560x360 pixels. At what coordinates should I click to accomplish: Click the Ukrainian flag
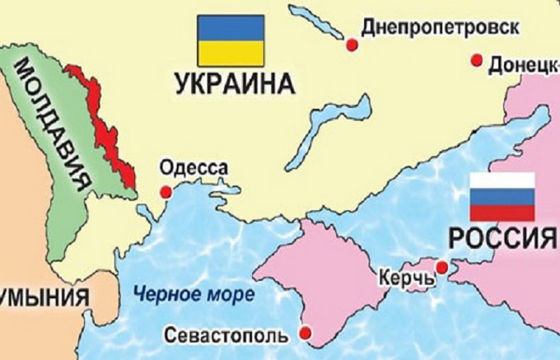[230, 40]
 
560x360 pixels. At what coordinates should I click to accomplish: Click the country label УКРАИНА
[234, 84]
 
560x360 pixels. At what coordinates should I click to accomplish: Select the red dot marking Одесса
[166, 192]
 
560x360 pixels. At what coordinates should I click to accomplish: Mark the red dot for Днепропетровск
[352, 45]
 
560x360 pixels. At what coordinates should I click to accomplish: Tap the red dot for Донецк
[476, 59]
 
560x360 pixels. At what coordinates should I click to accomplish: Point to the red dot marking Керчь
[442, 268]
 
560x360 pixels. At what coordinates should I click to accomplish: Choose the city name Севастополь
[226, 336]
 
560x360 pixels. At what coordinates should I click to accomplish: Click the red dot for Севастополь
[305, 333]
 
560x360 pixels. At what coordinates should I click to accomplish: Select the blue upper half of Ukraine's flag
[230, 30]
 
